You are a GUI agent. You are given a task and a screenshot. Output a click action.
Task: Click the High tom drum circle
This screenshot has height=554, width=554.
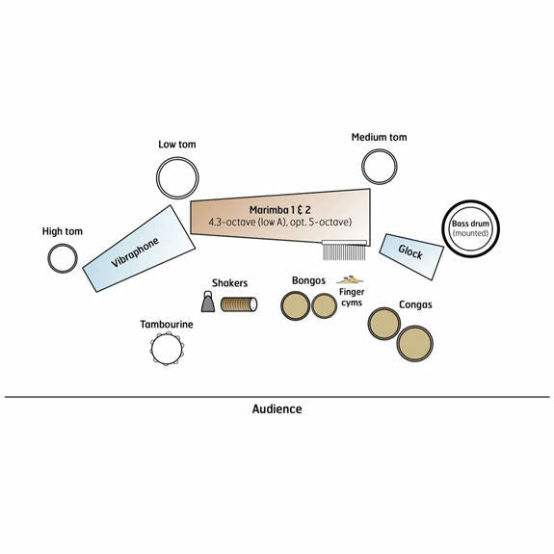[x=49, y=258]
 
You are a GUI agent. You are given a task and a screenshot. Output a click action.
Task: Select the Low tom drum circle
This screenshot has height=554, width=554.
[x=158, y=178]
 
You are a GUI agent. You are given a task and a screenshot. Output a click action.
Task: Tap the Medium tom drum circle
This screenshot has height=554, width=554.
[x=363, y=167]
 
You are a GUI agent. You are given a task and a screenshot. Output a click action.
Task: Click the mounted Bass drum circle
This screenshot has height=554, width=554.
[x=444, y=229]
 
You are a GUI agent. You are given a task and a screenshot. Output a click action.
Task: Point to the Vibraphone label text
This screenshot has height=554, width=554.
[x=135, y=252]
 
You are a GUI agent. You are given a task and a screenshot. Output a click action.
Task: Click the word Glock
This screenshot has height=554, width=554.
[x=410, y=251]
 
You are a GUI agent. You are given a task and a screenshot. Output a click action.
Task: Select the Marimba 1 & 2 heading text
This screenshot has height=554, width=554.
[x=280, y=210]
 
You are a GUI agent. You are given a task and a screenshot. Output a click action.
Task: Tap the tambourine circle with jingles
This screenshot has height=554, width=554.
[x=152, y=350]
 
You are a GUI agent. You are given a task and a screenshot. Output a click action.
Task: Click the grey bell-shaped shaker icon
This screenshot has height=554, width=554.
[x=208, y=303]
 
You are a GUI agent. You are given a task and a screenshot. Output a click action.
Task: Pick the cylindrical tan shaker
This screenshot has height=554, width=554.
[x=239, y=304]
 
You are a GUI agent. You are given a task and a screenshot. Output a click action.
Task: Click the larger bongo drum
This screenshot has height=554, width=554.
[x=295, y=305]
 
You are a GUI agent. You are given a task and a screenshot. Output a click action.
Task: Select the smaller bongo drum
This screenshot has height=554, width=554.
[x=324, y=306]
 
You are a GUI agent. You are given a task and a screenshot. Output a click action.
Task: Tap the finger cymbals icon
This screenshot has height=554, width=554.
[x=350, y=279]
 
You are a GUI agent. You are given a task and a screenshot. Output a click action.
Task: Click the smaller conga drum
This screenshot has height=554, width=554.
[x=384, y=324]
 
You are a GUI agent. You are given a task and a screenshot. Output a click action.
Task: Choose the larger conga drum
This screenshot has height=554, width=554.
[x=415, y=343]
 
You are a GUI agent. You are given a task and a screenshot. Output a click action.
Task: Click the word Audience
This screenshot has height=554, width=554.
[x=277, y=409]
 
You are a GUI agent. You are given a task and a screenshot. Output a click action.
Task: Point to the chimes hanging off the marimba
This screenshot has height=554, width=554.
[x=344, y=251]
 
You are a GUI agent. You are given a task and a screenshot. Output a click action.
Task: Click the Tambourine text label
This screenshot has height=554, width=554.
[x=167, y=325]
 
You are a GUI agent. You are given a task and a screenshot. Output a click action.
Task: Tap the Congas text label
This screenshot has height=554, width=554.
[x=415, y=304]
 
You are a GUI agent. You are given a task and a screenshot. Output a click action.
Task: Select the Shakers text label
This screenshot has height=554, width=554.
[x=229, y=283]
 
